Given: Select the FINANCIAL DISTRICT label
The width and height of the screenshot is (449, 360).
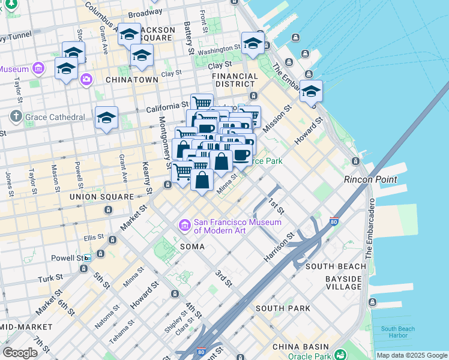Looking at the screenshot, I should click(239, 80).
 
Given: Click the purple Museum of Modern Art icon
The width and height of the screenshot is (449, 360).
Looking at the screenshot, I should click(184, 225).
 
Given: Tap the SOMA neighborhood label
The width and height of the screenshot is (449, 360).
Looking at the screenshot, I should click(191, 247).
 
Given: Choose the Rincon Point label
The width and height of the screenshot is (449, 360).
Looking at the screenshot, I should click(370, 179).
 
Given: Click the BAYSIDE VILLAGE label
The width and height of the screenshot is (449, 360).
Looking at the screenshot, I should click(343, 283).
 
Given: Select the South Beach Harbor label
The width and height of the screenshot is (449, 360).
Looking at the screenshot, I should click(397, 332).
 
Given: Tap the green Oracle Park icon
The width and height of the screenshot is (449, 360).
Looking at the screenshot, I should click(340, 355).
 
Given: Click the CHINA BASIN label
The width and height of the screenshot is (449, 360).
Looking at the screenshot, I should click(300, 347).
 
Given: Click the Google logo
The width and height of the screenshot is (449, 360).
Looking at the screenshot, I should click(20, 352).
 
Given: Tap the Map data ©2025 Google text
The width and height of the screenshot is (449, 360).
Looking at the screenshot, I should click(412, 355).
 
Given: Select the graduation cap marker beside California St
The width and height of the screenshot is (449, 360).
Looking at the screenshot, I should click(106, 118).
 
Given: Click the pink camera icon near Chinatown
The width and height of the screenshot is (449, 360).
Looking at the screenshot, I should click(86, 79).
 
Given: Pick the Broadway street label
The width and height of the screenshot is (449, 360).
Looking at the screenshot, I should click(145, 13).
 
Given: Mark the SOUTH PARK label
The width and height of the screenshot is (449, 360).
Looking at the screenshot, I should click(283, 308).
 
